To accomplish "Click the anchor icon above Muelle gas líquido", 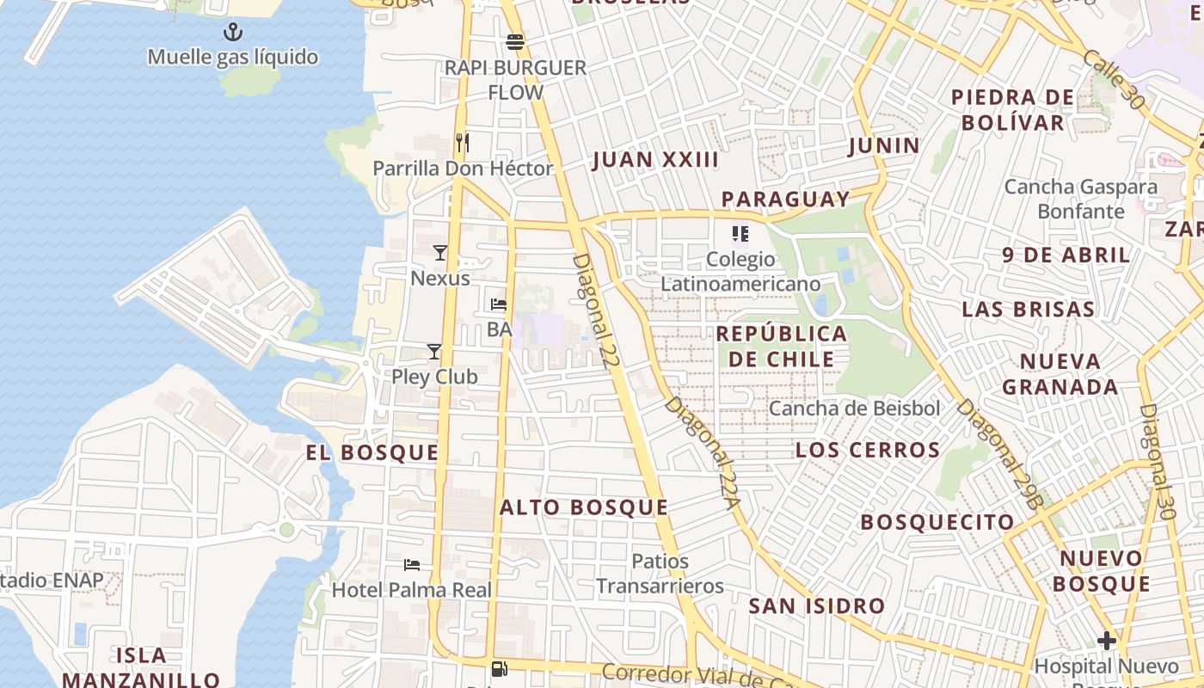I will [232, 33].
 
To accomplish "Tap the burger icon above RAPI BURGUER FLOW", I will [515, 41].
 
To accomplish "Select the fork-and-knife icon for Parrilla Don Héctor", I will [463, 142].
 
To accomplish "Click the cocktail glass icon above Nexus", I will [440, 252].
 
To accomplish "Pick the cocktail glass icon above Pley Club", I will [434, 351].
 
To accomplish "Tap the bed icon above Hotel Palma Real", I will [412, 565].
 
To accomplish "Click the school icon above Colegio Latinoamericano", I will [740, 233].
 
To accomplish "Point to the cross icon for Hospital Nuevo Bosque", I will [1106, 640].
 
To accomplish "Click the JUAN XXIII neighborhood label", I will [655, 160].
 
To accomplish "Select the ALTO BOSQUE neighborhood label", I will [584, 507].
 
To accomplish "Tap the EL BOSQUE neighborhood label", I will [372, 452].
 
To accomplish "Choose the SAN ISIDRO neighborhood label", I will [816, 605].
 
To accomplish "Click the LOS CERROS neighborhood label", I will [868, 450].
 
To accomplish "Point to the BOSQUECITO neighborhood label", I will [937, 522].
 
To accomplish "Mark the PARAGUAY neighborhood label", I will [785, 199].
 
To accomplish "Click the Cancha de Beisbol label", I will [854, 408].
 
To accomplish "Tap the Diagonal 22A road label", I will [703, 453].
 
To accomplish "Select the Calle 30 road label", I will [1114, 79].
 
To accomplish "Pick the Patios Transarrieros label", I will [660, 574].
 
